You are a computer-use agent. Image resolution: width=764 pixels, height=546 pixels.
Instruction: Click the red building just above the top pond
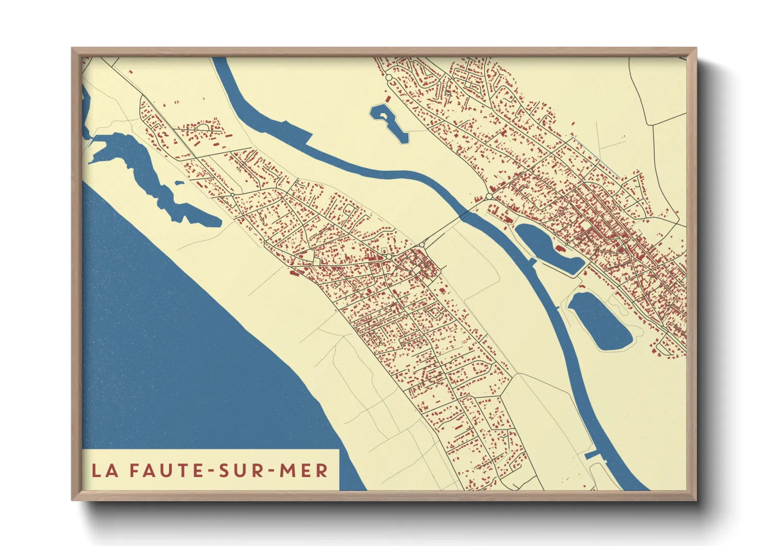[388, 98]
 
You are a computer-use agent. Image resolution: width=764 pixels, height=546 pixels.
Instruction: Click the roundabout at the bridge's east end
[488, 197]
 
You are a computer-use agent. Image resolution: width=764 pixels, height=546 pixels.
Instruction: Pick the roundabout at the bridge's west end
[422, 245]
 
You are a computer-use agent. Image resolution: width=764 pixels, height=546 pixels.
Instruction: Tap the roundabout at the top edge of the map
[389, 77]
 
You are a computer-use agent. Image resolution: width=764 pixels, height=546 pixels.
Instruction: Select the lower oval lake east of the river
[599, 320]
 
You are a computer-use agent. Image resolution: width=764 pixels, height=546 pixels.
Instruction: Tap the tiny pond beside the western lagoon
[179, 182]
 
